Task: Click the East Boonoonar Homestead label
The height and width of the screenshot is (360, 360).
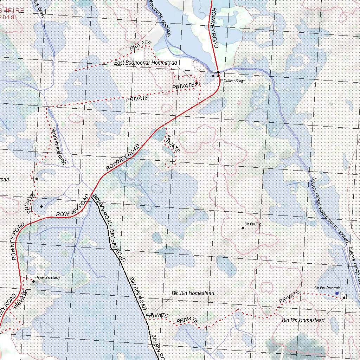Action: pos(145,63)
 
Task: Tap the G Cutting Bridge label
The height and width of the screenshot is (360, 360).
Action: pos(232,81)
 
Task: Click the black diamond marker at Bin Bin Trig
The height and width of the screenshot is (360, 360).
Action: pos(243,228)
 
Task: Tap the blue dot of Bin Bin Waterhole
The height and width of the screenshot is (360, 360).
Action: pos(337,293)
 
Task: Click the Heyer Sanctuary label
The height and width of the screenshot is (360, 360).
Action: pos(48,277)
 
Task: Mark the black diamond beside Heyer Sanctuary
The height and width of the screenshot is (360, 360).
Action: pos(33,281)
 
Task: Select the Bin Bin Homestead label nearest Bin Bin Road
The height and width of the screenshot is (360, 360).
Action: pos(193,293)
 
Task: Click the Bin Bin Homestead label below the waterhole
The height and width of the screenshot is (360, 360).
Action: pos(303,320)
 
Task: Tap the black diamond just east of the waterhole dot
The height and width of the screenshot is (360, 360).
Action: pos(344,298)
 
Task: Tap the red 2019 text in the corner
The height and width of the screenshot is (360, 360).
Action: pos(7,17)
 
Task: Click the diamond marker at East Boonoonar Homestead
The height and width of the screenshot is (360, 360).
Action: pos(197,83)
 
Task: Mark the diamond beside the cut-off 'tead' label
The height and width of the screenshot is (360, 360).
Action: pos(36,179)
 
